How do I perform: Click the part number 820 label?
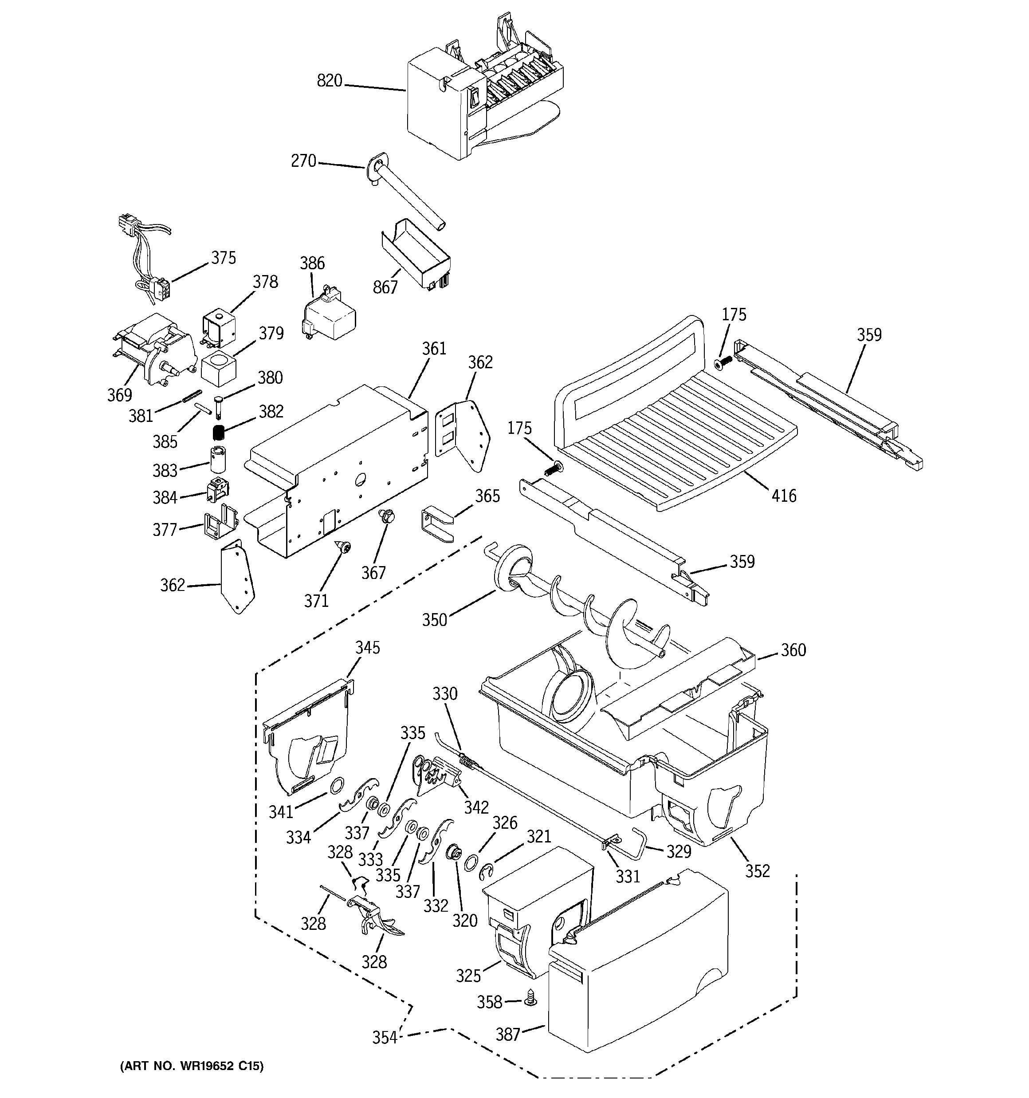point(329,81)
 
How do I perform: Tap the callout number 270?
point(303,161)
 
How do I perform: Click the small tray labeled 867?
point(417,254)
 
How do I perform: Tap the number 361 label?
point(434,349)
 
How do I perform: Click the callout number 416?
point(784,496)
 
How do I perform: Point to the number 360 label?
point(793,650)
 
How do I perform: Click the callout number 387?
point(507,1034)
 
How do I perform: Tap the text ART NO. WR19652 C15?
point(192,1066)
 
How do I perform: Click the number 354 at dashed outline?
point(385,1037)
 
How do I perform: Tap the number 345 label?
point(367,647)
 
